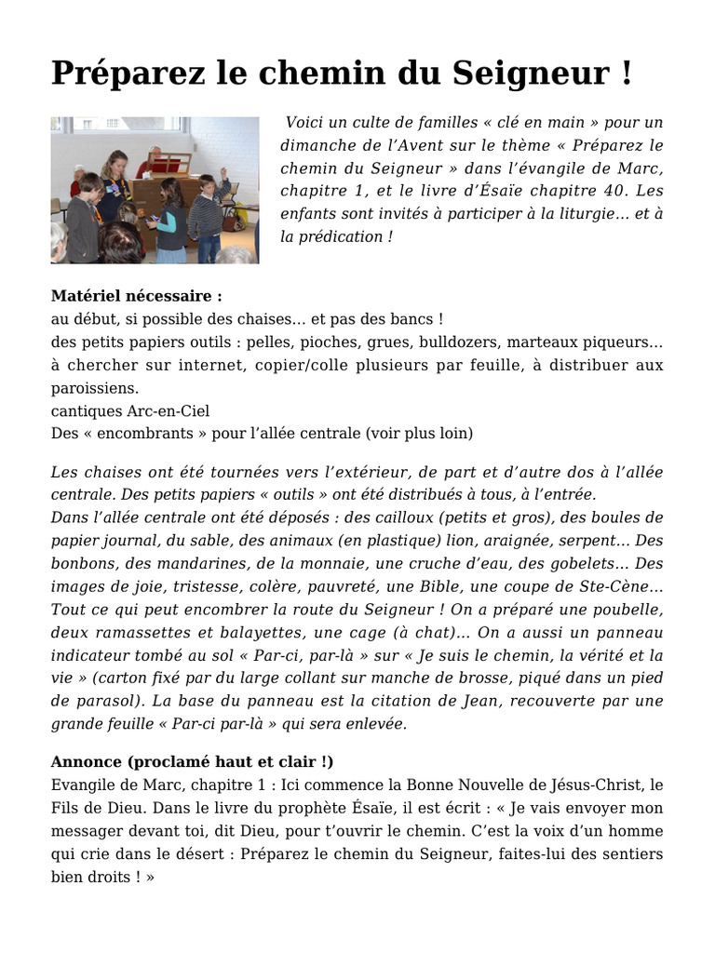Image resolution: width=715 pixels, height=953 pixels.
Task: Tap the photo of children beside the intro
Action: pyautogui.click(x=155, y=190)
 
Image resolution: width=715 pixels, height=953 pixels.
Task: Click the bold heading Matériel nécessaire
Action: pyautogui.click(x=136, y=297)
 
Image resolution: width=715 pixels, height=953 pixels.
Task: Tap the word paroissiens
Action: pyautogui.click(x=94, y=387)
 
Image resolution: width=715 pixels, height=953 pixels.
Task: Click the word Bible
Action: pyautogui.click(x=473, y=586)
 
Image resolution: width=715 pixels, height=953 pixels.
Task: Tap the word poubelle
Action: pyautogui.click(x=627, y=609)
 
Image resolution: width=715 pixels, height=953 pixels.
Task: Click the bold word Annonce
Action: pyautogui.click(x=87, y=761)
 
